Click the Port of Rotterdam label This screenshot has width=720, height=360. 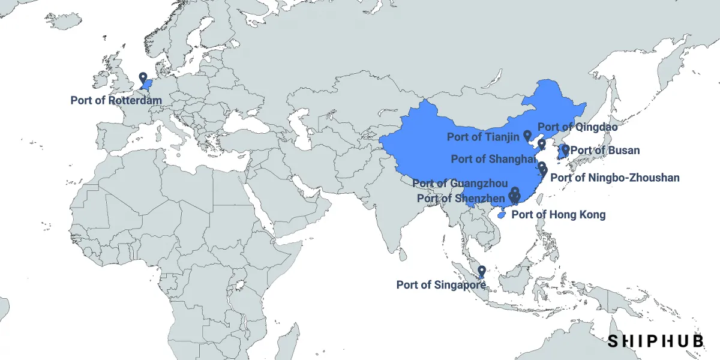(116, 100)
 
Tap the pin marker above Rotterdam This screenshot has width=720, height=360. (143, 78)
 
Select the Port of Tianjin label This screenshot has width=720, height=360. (483, 137)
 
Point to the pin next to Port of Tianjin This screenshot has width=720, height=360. (527, 136)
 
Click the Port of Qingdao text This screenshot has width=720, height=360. (577, 127)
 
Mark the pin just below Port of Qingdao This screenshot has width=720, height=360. (541, 144)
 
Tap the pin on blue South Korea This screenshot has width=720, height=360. (565, 149)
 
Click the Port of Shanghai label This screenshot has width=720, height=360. (493, 159)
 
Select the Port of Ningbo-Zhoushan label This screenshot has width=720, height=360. (614, 178)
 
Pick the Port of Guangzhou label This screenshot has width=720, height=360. (460, 184)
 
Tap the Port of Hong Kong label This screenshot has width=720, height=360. (558, 214)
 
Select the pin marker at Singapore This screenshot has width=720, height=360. (481, 272)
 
